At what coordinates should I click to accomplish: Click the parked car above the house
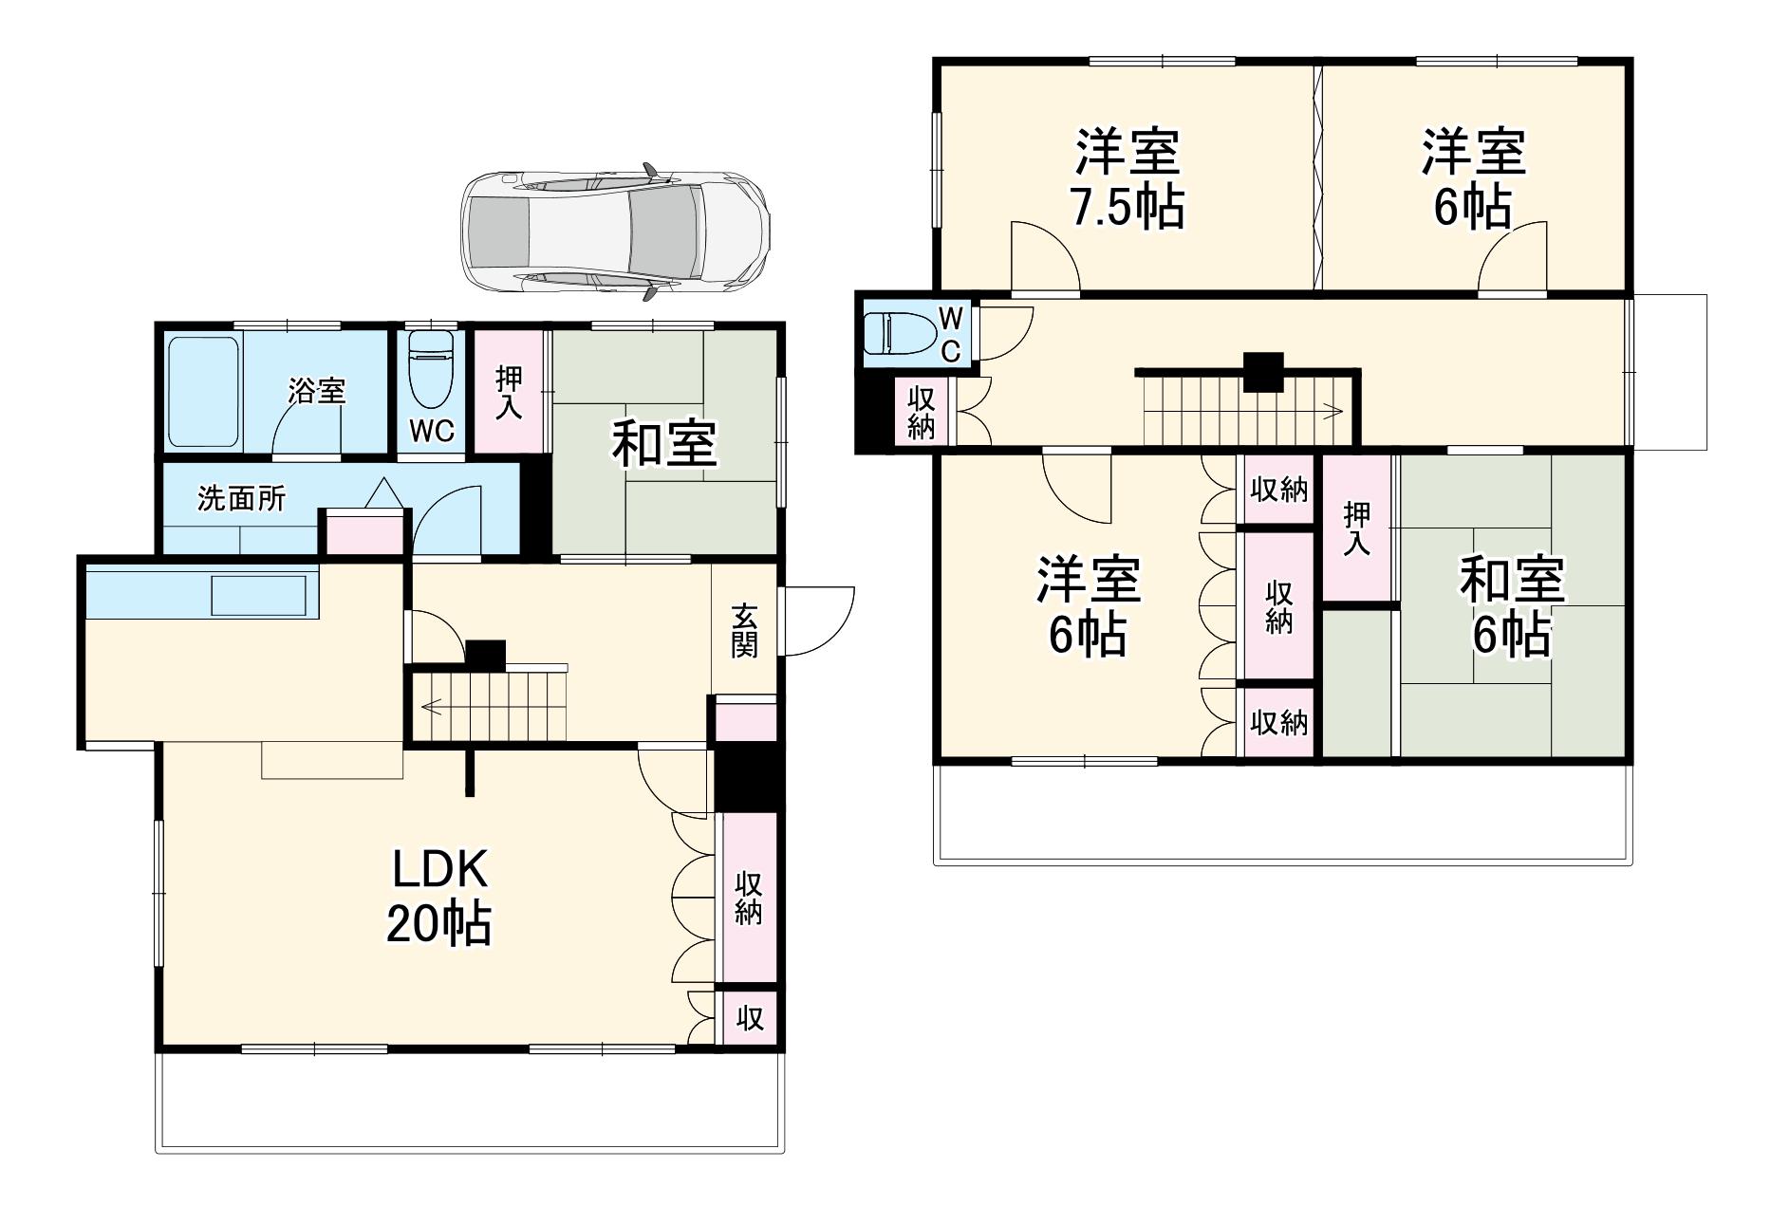pos(615,232)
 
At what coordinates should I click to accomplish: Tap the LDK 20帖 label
pos(438,896)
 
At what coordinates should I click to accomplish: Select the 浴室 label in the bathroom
pos(317,391)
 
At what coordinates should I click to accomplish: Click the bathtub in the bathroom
pos(202,392)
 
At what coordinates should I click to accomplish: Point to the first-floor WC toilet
pos(432,370)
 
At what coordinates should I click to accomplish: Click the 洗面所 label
pos(241,499)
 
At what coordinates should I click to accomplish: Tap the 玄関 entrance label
pos(744,631)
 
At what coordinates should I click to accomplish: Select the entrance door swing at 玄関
pos(818,621)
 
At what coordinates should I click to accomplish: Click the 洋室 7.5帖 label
pos(1127,179)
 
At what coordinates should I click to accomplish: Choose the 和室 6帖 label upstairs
pos(1511,607)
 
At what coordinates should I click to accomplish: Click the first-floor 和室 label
pos(663,444)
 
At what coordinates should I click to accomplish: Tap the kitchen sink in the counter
pos(258,596)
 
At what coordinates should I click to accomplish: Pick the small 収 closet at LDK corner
pos(750,1018)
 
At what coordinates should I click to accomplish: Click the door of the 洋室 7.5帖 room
pos(1045,257)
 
